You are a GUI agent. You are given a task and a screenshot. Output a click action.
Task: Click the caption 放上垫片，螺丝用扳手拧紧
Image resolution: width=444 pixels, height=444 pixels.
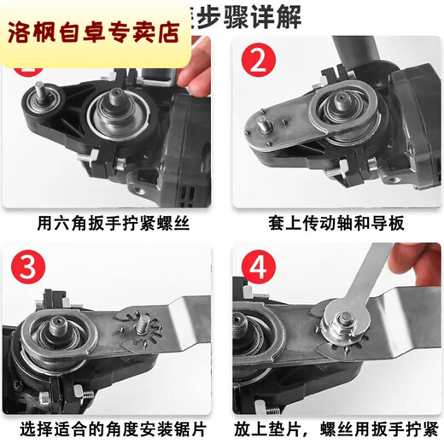pos(336,425)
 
